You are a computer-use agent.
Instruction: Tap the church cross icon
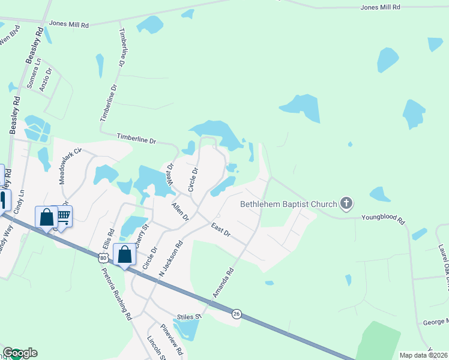pyautogui.click(x=346, y=204)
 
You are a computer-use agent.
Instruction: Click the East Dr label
pyautogui.click(x=220, y=229)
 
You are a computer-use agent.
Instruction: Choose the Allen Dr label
pyautogui.click(x=180, y=211)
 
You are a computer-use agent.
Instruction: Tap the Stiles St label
pyautogui.click(x=188, y=316)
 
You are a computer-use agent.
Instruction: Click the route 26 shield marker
pyautogui.click(x=237, y=314)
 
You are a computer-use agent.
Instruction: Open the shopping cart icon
pyautogui.click(x=64, y=215)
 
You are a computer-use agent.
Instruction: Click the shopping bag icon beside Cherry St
pyautogui.click(x=124, y=254)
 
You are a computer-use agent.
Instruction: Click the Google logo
pyautogui.click(x=19, y=353)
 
